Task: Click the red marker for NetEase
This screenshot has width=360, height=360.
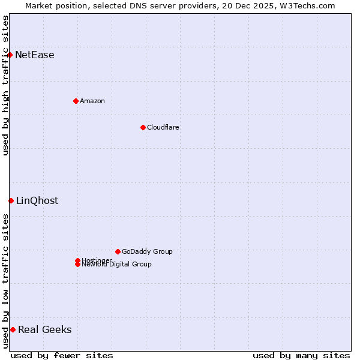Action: [x=10, y=55]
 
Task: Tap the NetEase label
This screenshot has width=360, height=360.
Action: [x=35, y=55]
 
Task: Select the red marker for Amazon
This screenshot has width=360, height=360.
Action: [x=76, y=101]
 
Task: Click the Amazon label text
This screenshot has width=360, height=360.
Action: [x=92, y=101]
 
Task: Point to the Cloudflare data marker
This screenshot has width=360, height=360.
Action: [x=143, y=127]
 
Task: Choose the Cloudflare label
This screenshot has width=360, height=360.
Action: [x=163, y=127]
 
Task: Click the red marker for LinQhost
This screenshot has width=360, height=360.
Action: [x=11, y=200]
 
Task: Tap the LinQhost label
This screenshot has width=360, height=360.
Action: [x=37, y=201]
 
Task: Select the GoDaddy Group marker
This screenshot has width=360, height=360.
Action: [x=118, y=251]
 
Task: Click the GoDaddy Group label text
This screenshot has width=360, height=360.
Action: [x=147, y=251]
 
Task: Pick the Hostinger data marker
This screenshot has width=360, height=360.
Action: [x=77, y=260]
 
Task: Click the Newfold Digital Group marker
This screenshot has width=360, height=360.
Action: [x=77, y=265]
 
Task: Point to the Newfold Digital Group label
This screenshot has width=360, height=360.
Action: [x=117, y=265]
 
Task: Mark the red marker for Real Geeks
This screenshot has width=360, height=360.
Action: [x=13, y=329]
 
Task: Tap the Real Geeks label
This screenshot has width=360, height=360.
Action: [x=45, y=329]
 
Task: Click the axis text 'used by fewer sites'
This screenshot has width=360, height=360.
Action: [x=62, y=355]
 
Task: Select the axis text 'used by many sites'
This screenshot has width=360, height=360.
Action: [x=301, y=355]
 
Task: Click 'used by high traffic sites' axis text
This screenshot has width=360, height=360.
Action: [x=5, y=85]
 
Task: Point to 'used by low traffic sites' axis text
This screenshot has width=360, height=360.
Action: [x=5, y=281]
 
